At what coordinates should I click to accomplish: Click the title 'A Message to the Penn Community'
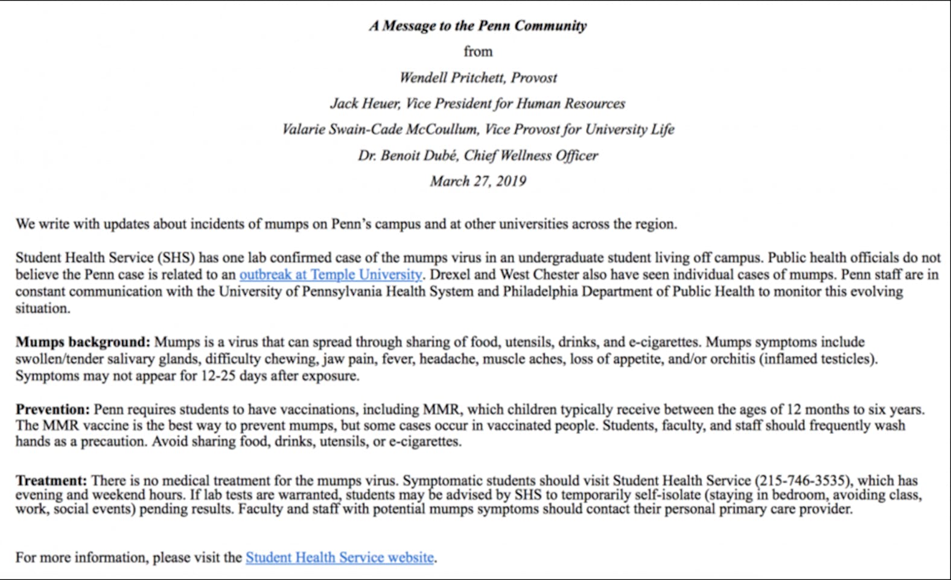click(477, 26)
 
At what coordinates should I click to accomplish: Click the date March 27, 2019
click(477, 181)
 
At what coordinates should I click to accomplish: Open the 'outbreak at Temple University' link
click(330, 275)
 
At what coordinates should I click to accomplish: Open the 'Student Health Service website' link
click(339, 558)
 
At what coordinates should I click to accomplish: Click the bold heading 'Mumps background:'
click(83, 342)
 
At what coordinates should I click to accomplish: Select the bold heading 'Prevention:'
click(52, 410)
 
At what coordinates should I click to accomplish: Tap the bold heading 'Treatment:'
click(51, 481)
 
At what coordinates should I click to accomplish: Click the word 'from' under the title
click(477, 52)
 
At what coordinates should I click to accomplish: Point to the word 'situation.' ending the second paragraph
click(42, 309)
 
